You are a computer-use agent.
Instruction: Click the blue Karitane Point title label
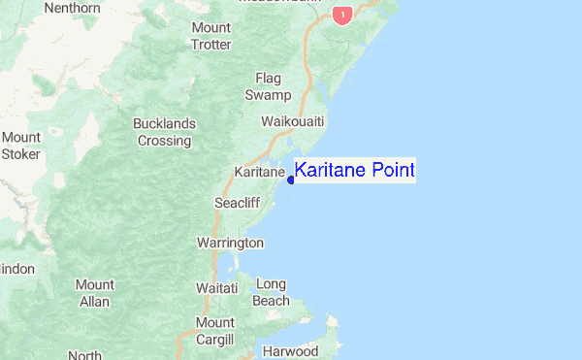(354, 171)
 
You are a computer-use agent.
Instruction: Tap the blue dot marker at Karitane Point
(291, 180)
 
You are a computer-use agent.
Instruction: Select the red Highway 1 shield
(340, 16)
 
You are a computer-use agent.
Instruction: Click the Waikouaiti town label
(293, 121)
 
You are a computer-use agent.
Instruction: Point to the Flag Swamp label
(269, 86)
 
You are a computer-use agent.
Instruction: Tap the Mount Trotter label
(211, 36)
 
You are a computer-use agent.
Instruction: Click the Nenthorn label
(72, 9)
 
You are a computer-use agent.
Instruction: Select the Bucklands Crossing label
(165, 132)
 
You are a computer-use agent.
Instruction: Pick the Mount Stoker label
(20, 146)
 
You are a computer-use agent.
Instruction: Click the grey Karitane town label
(259, 172)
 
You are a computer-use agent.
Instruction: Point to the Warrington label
(230, 242)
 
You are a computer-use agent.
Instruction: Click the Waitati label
(217, 288)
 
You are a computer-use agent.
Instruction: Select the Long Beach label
(272, 292)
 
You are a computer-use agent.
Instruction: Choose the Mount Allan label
(95, 293)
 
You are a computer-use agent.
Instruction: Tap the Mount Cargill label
(214, 331)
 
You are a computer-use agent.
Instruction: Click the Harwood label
(291, 350)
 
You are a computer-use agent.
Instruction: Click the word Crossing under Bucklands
(165, 141)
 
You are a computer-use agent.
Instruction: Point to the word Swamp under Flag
(269, 95)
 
